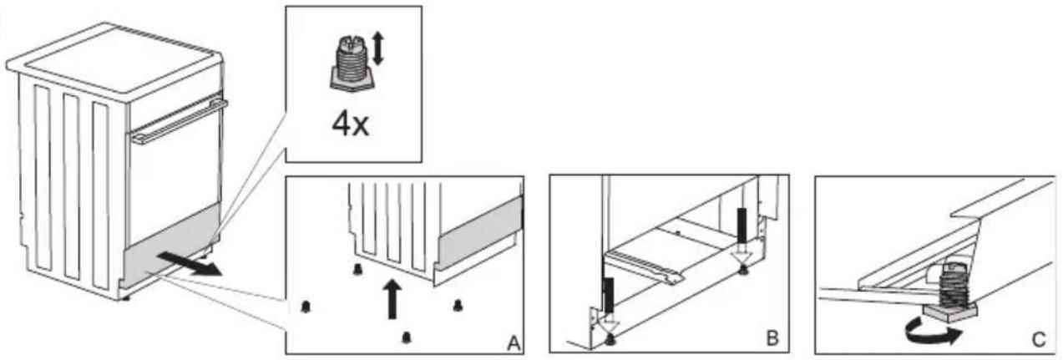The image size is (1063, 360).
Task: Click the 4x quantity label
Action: point(350,125)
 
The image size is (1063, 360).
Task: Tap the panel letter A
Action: point(513,343)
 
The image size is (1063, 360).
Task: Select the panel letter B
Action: point(772,338)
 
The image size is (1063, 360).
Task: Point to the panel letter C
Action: point(1038,340)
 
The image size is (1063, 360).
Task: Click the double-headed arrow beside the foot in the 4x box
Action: point(377,48)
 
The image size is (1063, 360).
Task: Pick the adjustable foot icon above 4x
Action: point(352,64)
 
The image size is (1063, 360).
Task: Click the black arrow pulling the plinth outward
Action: point(190,264)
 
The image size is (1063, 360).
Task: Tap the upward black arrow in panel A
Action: point(392,299)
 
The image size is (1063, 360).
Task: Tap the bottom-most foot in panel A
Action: point(406,337)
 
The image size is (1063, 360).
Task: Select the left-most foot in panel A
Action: point(306,307)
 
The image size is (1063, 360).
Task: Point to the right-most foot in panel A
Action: point(458,306)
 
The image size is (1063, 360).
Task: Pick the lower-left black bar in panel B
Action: point(608,297)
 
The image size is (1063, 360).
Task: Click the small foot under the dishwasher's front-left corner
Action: point(126,299)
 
